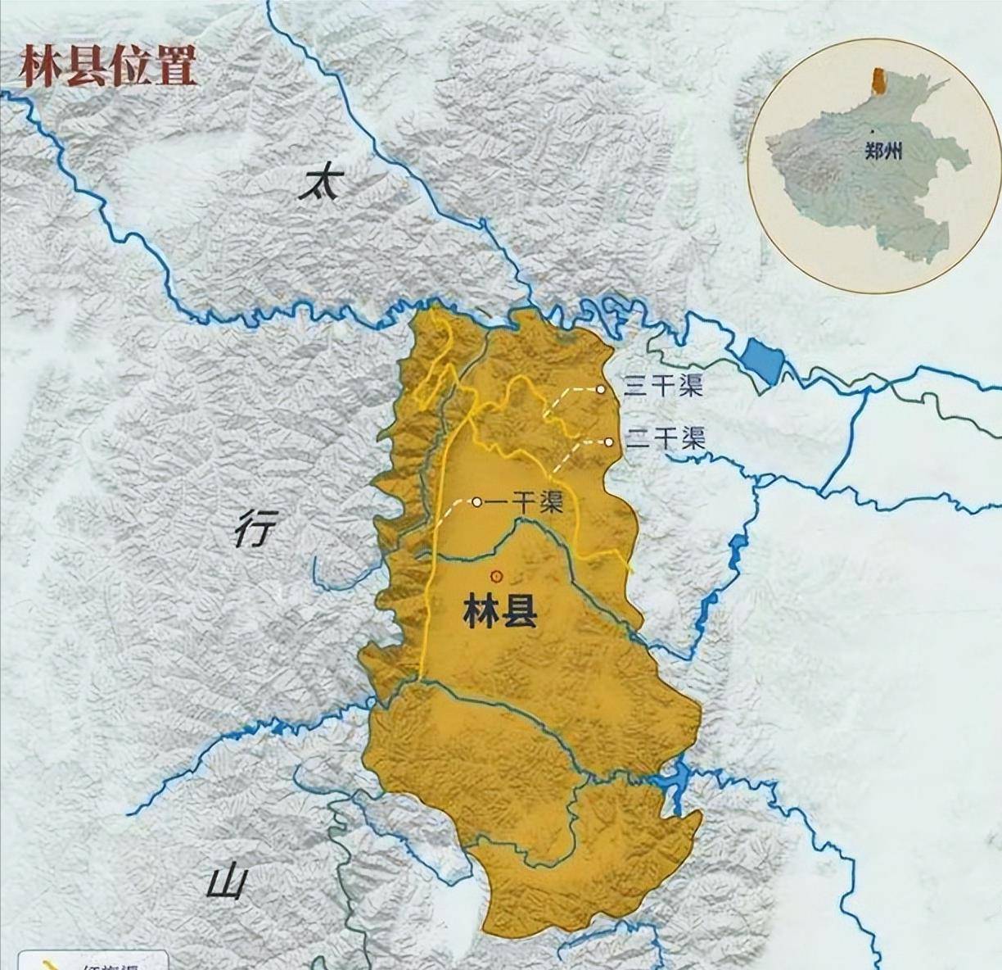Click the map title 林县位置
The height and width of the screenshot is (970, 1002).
pyautogui.click(x=108, y=66)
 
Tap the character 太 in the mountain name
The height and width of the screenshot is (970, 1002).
pyautogui.click(x=319, y=184)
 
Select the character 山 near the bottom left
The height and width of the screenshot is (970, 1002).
pyautogui.click(x=227, y=883)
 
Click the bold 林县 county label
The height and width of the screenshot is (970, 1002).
pyautogui.click(x=500, y=611)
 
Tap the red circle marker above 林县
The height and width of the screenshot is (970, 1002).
pyautogui.click(x=494, y=575)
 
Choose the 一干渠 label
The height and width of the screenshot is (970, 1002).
pyautogui.click(x=525, y=502)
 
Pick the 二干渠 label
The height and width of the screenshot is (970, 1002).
pyautogui.click(x=665, y=438)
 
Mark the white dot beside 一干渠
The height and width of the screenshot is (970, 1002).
pyautogui.click(x=476, y=502)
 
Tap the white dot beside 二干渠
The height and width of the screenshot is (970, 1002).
pyautogui.click(x=609, y=442)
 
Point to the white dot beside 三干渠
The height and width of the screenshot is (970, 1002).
pyautogui.click(x=601, y=389)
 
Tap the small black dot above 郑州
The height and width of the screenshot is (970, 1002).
pyautogui.click(x=873, y=131)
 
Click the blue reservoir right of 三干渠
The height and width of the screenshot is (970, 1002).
pyautogui.click(x=764, y=360)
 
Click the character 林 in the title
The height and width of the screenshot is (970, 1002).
pyautogui.click(x=40, y=66)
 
